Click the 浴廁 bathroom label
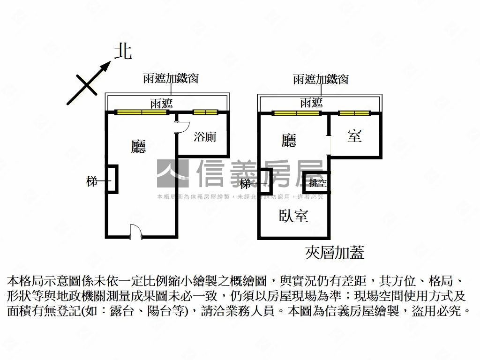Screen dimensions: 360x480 tap(205, 137)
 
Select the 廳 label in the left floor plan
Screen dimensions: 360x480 tap(138, 147)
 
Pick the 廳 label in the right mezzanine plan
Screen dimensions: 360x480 tap(289, 140)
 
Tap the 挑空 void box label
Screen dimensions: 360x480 tap(318, 182)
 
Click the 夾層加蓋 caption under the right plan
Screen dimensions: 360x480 tap(334, 253)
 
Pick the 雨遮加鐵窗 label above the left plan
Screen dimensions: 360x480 tap(171, 78)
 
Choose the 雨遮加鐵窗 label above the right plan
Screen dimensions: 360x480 tap(321, 79)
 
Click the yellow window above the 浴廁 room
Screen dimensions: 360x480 tap(205, 112)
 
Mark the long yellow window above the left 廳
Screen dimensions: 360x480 tap(138, 112)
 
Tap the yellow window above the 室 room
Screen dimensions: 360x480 tap(354, 113)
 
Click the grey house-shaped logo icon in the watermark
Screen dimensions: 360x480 tap(172, 173)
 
